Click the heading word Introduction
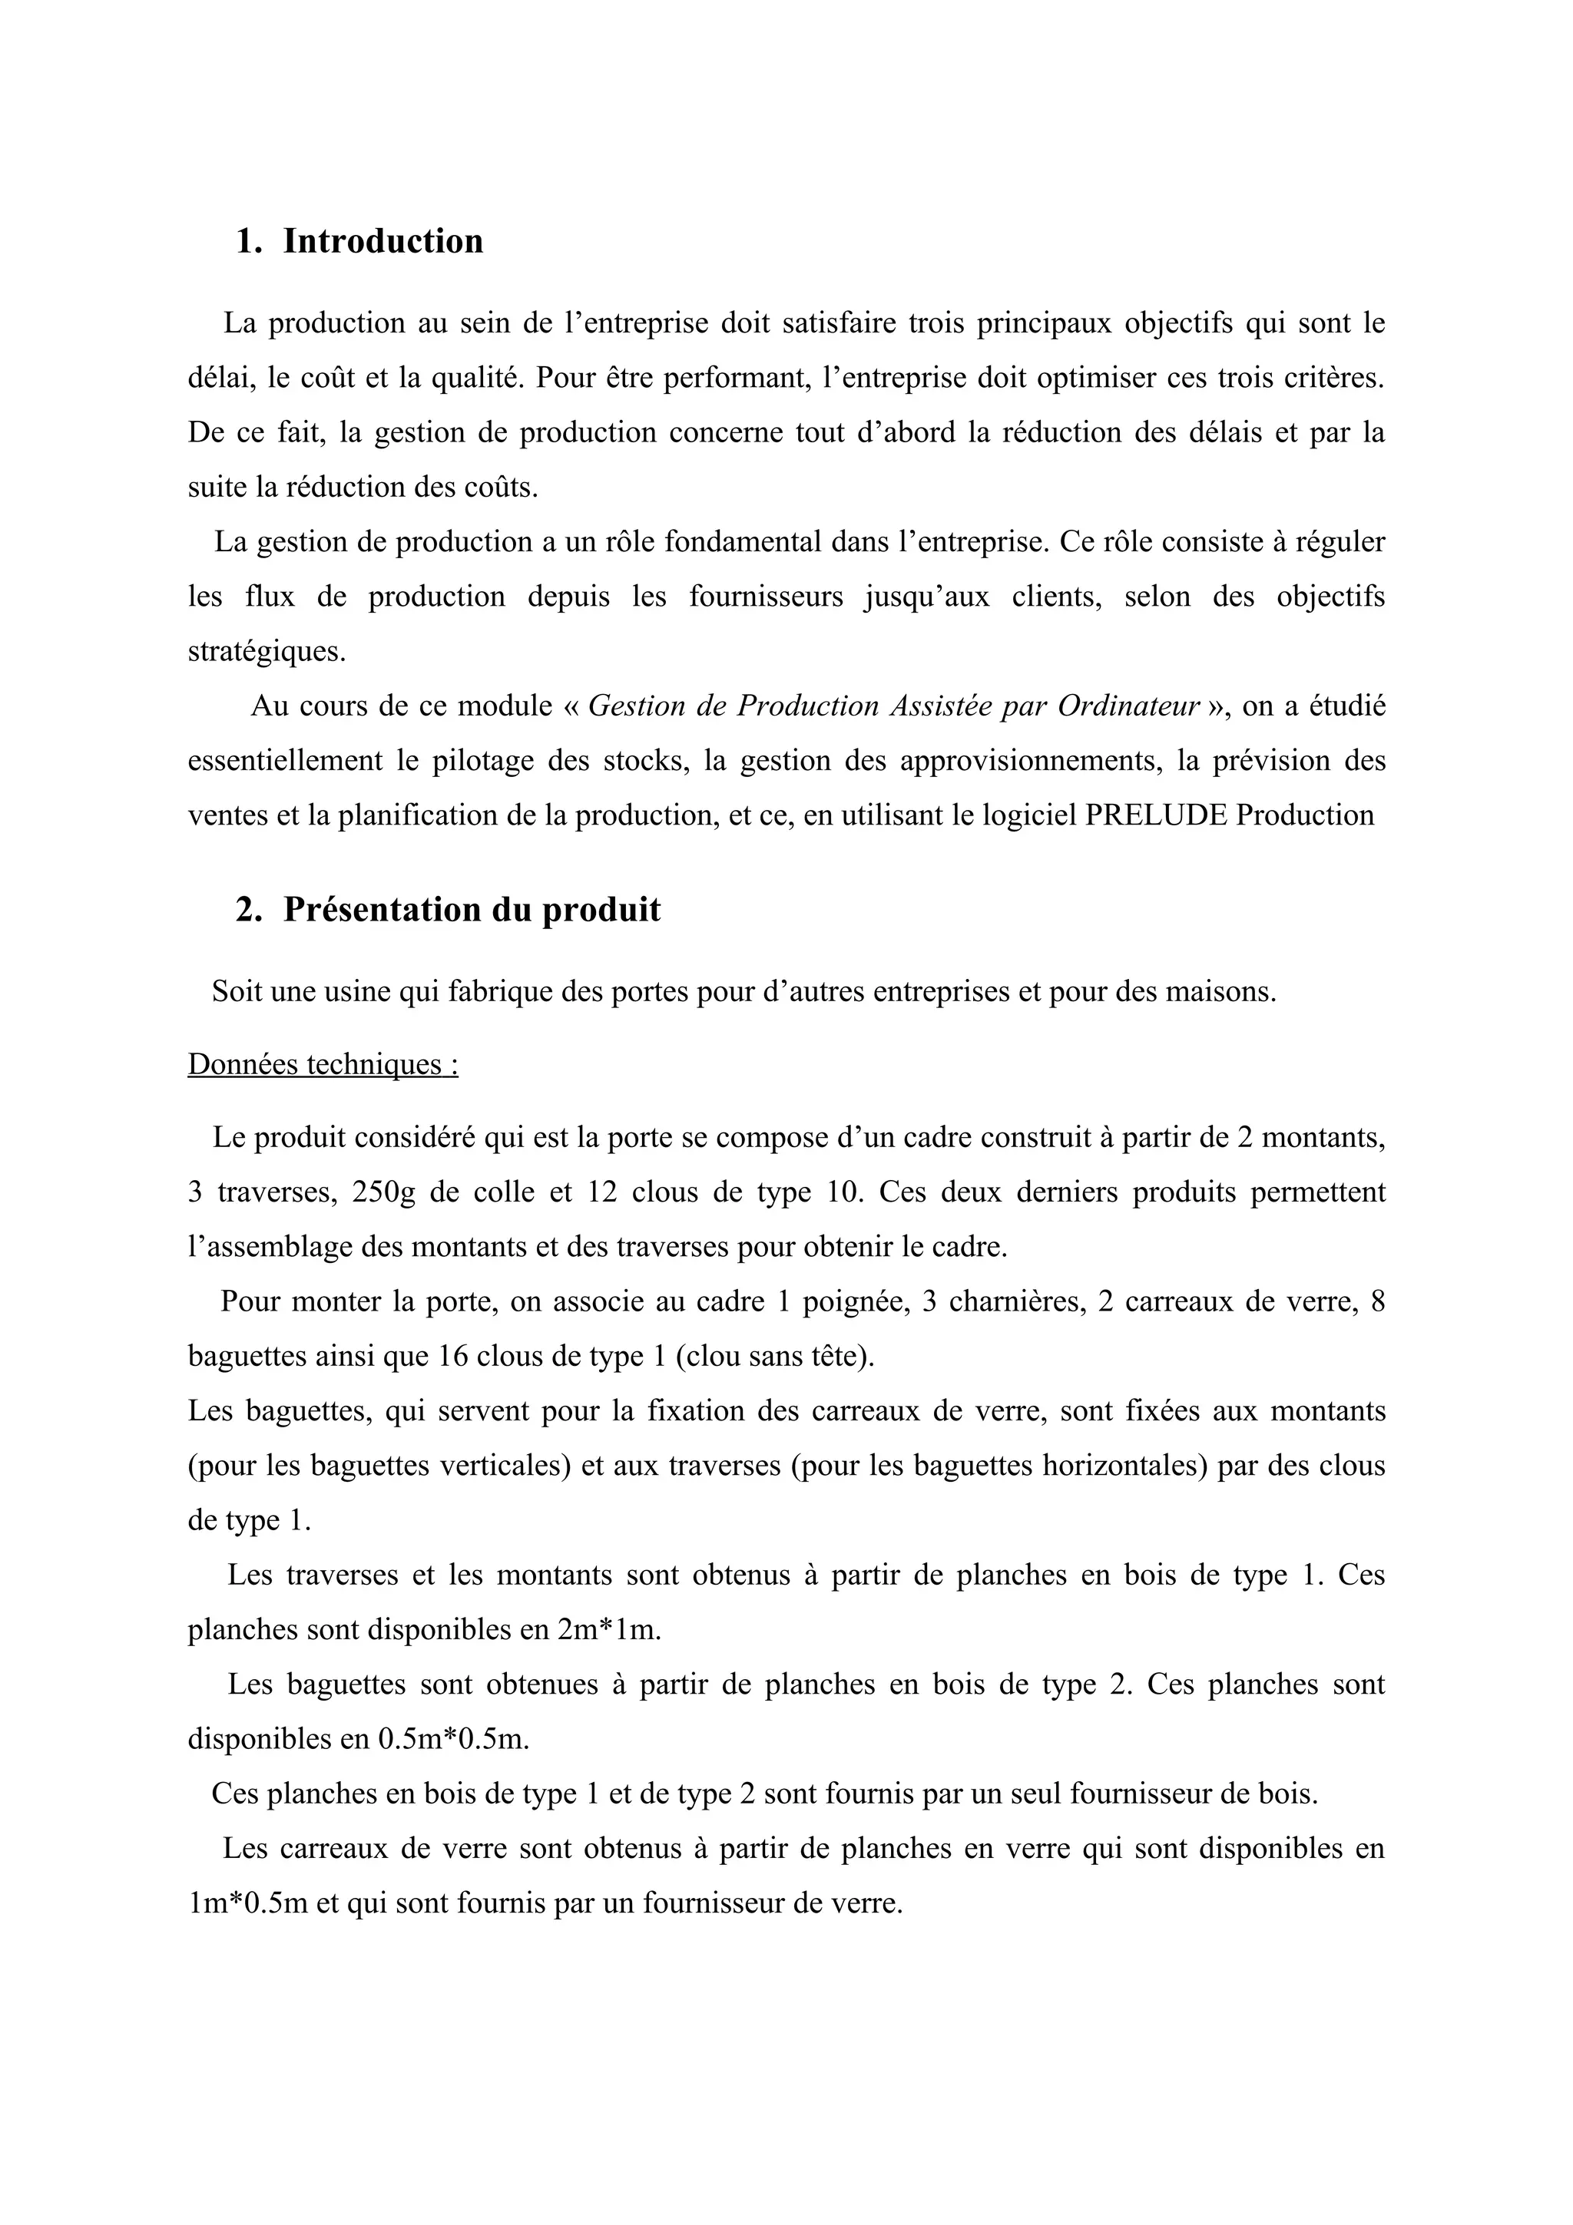pos(382,241)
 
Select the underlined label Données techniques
pos(322,1064)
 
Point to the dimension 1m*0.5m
pos(248,1903)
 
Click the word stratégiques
pos(267,651)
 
